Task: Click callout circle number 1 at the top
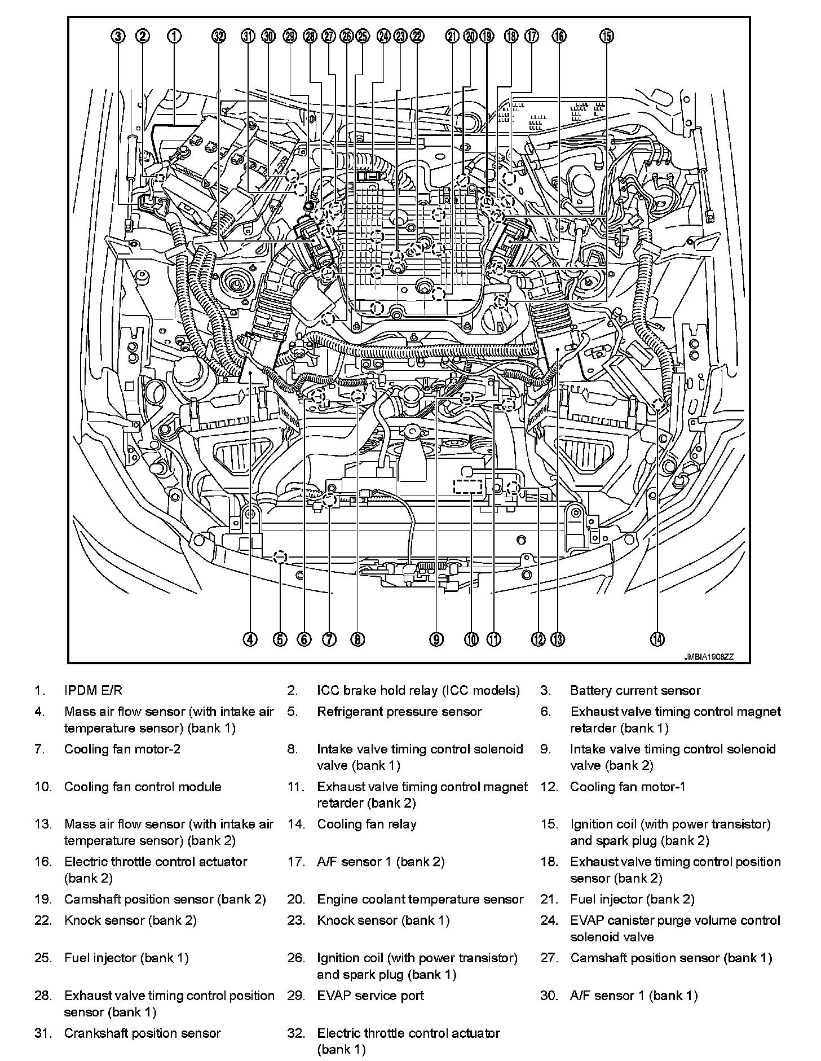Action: [x=174, y=37]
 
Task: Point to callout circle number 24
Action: [x=383, y=37]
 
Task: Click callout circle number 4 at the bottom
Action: [x=250, y=639]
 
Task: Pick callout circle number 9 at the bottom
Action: [x=436, y=639]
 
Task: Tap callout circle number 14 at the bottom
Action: [x=657, y=639]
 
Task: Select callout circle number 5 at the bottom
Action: [x=280, y=639]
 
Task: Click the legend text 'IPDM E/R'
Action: [x=93, y=690]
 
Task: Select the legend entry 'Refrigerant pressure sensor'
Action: [x=399, y=712]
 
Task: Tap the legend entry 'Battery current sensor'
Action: [x=635, y=690]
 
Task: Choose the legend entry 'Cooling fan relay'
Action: [x=367, y=824]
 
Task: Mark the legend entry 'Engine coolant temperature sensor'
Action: [x=420, y=899]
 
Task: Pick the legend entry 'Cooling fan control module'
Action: [x=143, y=787]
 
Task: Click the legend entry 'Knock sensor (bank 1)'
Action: [x=383, y=920]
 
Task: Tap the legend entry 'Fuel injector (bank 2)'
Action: [x=632, y=899]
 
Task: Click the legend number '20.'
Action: [x=295, y=899]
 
